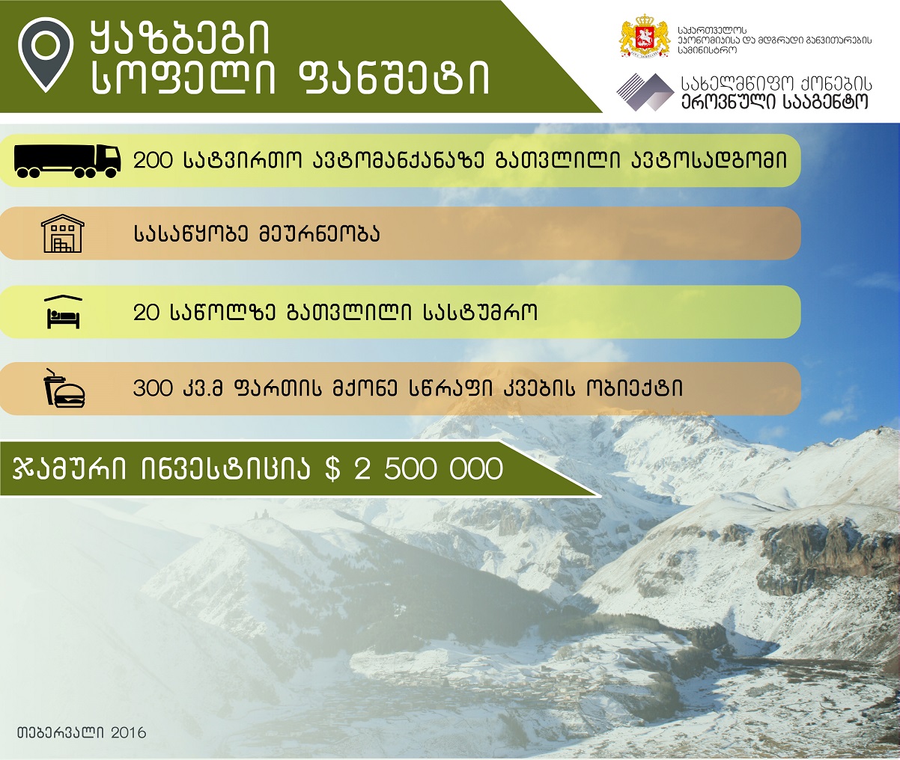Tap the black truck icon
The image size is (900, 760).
pos(67,161)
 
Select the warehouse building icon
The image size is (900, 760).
pos(63,233)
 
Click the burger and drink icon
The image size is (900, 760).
pos(64,388)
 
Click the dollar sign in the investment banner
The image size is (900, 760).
pos(332,468)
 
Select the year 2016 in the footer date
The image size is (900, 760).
pos(129,732)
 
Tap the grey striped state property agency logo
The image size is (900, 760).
pos(645,92)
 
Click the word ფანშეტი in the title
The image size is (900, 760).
pos(393,79)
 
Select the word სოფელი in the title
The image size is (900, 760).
pos(183,79)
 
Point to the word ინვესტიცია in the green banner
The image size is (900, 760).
pos(225,468)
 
